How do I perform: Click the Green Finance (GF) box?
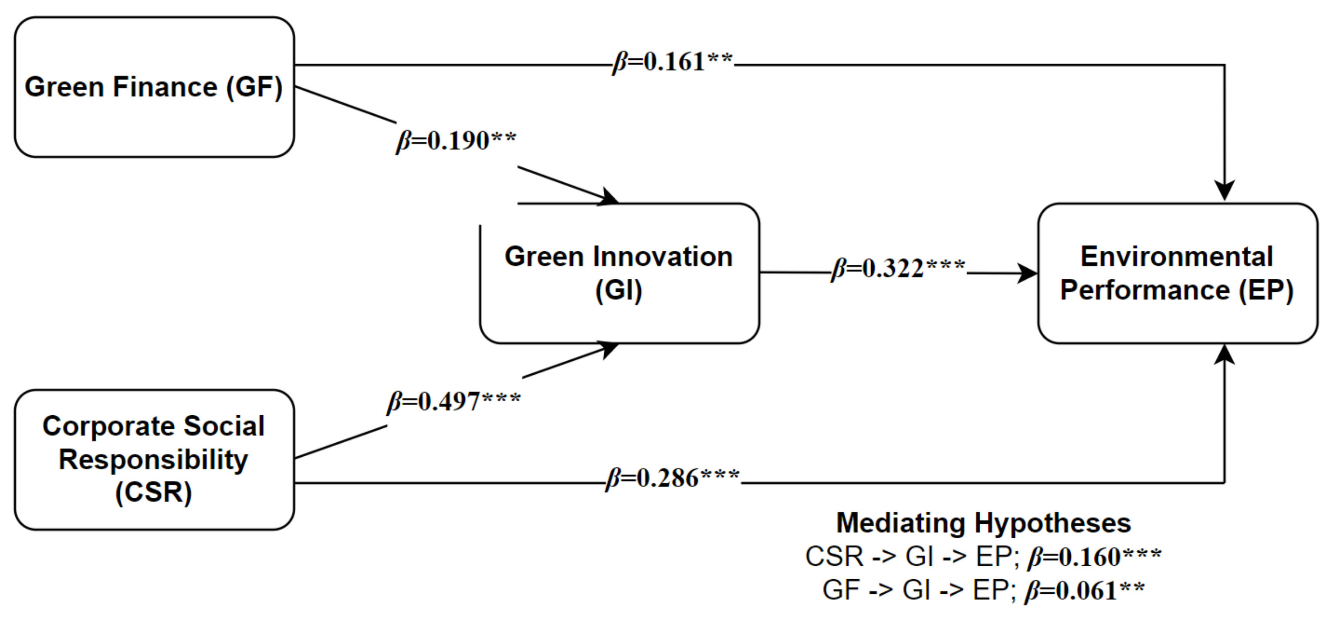[x=154, y=87]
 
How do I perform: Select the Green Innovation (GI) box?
[x=619, y=273]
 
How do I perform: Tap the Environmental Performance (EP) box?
[x=1177, y=273]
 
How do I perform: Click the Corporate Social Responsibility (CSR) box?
[x=154, y=459]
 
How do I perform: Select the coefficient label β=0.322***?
[x=898, y=269]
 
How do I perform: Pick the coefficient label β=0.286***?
[x=672, y=479]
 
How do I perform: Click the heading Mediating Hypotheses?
[x=983, y=523]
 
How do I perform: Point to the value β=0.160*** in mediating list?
[x=1094, y=557]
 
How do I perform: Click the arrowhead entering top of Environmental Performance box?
[x=1225, y=191]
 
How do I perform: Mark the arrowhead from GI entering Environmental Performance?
[x=1027, y=273]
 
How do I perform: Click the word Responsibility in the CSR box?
[x=153, y=459]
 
